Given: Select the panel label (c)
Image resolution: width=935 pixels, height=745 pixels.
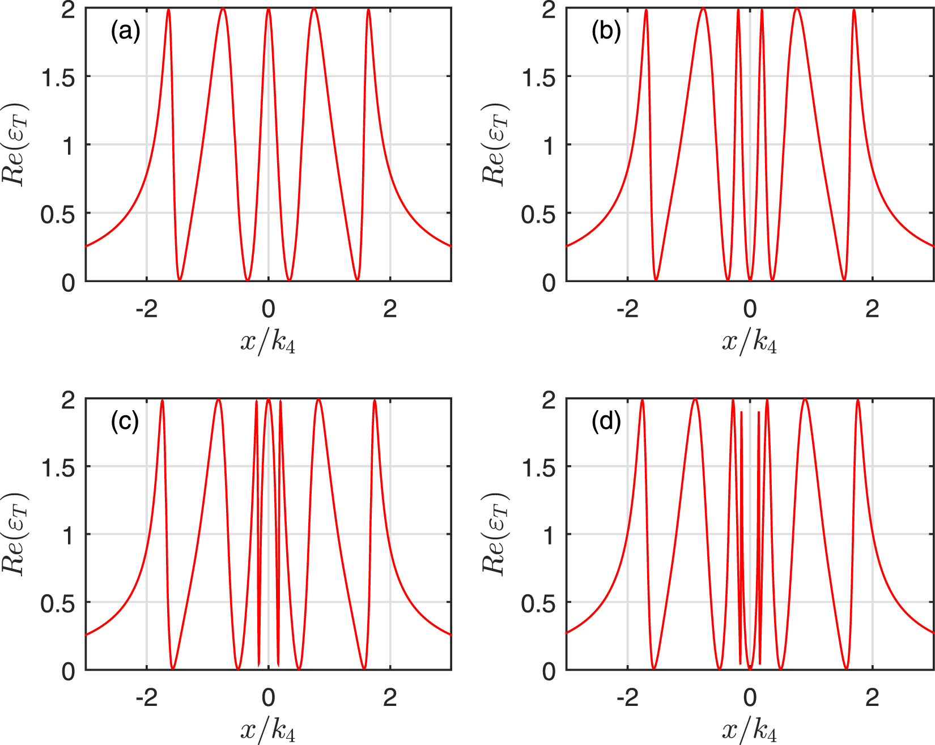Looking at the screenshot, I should pyautogui.click(x=125, y=421).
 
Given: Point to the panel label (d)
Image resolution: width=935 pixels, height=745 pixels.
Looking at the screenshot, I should pyautogui.click(x=606, y=421).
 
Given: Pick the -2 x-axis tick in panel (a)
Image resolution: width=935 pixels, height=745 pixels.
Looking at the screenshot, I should pyautogui.click(x=146, y=309).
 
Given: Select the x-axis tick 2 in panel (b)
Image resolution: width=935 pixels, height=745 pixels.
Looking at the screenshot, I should pyautogui.click(x=872, y=309).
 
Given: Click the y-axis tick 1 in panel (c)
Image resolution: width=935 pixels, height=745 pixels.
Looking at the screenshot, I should pyautogui.click(x=69, y=535).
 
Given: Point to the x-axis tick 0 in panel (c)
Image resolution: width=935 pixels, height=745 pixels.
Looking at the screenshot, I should pyautogui.click(x=268, y=697).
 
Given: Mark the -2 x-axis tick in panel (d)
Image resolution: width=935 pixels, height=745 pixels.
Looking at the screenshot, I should pyautogui.click(x=627, y=697).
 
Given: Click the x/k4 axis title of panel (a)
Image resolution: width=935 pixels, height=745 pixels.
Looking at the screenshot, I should pyautogui.click(x=268, y=342).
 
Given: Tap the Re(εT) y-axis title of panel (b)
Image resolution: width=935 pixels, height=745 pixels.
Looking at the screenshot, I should pyautogui.click(x=495, y=144).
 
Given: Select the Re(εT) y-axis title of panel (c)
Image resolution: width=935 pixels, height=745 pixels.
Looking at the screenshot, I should pyautogui.click(x=14, y=534).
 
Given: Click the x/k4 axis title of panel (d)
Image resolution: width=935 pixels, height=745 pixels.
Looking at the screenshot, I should pyautogui.click(x=749, y=731).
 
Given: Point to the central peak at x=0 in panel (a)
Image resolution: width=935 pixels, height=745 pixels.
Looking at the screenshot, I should pyautogui.click(x=269, y=10).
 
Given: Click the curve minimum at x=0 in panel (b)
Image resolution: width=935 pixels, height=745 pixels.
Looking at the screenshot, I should pyautogui.click(x=750, y=279).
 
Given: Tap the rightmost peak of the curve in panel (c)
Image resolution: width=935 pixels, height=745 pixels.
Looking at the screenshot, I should pyautogui.click(x=375, y=401).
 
